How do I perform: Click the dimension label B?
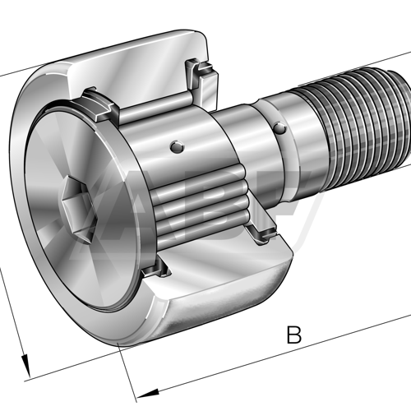(x=293, y=335)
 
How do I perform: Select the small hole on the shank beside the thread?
(x=280, y=128)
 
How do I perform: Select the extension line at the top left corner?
(x=12, y=79)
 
